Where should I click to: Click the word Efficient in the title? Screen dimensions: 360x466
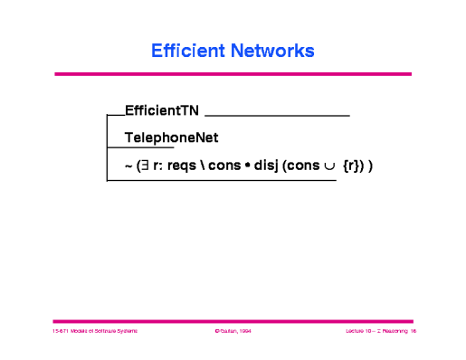click(187, 51)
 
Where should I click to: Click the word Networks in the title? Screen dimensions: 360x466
click(271, 51)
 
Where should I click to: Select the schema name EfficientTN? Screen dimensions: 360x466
click(162, 111)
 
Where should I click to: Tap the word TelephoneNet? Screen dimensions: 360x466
click(172, 137)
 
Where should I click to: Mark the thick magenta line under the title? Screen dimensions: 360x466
click(233, 74)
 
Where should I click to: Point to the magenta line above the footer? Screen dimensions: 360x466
click(233, 320)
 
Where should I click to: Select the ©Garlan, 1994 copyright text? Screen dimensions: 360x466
click(233, 332)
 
